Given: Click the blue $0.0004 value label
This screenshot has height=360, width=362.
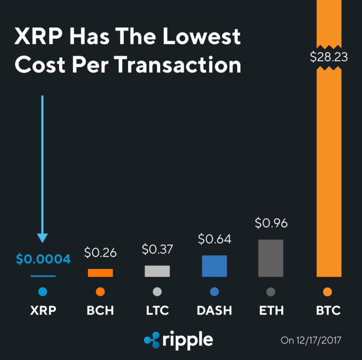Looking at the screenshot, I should (43, 259).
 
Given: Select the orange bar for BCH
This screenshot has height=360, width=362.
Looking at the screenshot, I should (100, 273).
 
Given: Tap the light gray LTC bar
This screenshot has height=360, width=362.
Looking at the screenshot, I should (157, 271).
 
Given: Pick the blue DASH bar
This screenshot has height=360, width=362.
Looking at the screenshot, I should (214, 266).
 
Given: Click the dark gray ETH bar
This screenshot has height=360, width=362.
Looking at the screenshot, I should (271, 258).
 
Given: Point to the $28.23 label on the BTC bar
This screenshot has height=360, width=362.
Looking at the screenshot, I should (329, 57).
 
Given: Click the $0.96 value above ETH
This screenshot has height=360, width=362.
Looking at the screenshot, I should (271, 223).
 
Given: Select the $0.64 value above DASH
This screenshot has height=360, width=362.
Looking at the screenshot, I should (214, 239).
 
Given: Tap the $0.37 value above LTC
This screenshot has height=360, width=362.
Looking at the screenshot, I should (157, 249).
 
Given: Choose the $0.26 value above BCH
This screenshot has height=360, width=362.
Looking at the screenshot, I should (100, 253).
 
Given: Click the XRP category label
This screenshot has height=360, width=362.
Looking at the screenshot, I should (43, 310).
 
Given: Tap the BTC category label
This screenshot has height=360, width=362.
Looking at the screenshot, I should (328, 310).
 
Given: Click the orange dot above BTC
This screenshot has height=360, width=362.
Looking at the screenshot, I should (327, 292).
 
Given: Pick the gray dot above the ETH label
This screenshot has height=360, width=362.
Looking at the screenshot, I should (271, 292).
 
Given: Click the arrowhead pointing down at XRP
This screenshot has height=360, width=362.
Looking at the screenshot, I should (42, 238).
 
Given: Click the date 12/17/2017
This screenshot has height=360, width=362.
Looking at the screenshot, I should (317, 340).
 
